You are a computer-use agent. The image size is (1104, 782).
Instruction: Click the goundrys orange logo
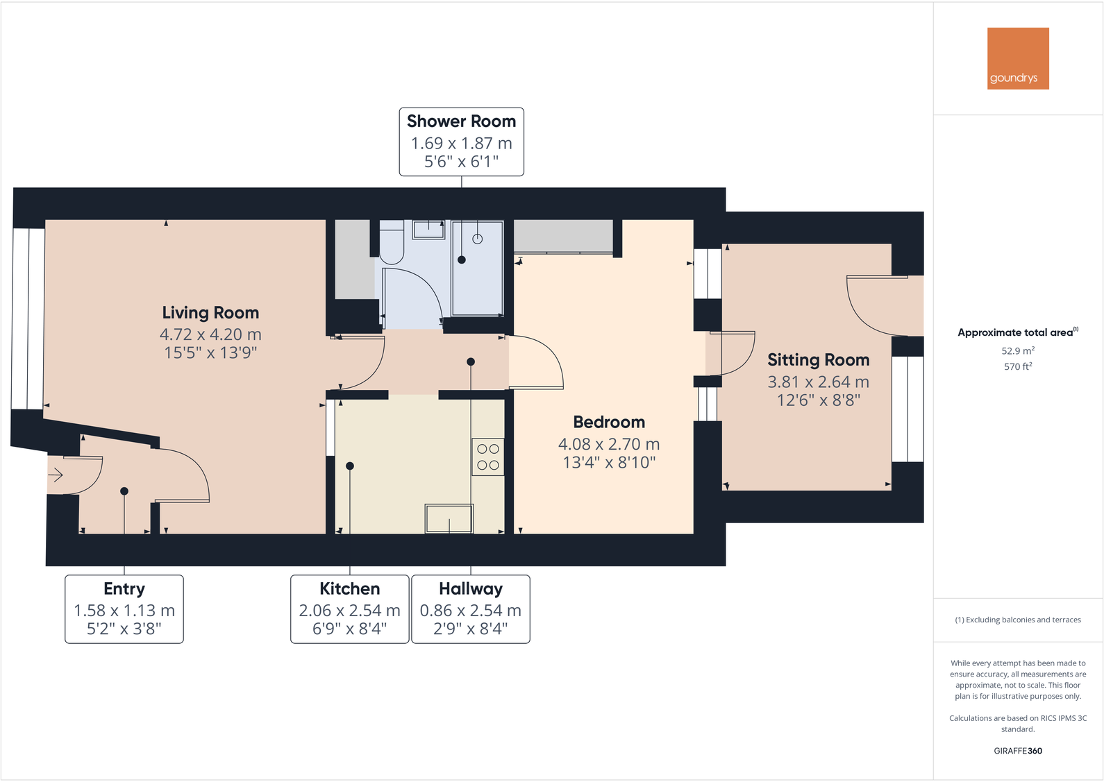coord(1017,58)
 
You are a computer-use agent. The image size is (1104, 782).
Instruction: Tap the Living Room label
coord(210,313)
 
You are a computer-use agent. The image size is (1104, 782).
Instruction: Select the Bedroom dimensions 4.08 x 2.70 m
coord(609,444)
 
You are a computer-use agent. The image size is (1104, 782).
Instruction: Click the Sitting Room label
coord(818,360)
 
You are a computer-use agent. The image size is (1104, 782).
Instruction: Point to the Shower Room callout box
coord(461,142)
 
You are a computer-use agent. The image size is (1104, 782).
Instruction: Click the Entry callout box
coord(124,609)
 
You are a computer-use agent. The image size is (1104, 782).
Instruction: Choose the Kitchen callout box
coord(349,609)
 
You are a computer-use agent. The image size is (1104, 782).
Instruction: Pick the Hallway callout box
coord(471,609)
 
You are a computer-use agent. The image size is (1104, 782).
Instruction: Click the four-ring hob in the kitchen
coord(488,457)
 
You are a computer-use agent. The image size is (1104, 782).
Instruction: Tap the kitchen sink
coord(449,518)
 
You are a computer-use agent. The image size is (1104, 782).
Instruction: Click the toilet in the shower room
coord(392,244)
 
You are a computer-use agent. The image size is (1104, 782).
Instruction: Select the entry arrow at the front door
coord(56,475)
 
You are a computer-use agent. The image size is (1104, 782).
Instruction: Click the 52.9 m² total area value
coord(1017,351)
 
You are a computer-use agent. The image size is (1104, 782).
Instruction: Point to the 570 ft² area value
coord(1017,366)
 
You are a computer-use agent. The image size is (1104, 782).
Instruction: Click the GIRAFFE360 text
coord(1017,751)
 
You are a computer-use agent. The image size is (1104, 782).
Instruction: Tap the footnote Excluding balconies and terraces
coord(1017,620)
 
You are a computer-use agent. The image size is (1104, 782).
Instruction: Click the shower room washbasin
coord(429,230)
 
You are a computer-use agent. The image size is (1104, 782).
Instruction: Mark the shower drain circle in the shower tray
coord(478,239)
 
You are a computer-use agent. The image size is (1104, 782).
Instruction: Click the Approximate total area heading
coord(1017,332)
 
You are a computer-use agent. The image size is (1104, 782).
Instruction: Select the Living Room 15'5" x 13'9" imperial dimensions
coord(210,352)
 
